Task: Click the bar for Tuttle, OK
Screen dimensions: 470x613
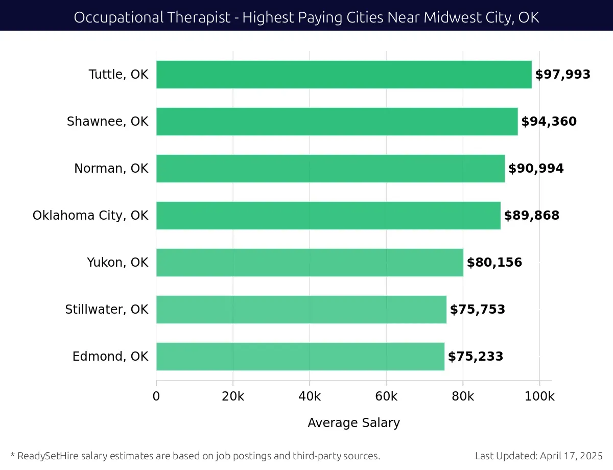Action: coord(344,75)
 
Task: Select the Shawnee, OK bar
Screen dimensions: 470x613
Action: coord(337,122)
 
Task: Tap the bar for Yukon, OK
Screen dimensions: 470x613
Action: coord(310,263)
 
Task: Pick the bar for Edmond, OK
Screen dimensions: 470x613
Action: coord(300,357)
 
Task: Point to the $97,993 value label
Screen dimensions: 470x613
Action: coord(562,75)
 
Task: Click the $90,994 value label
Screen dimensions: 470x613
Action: coord(536,169)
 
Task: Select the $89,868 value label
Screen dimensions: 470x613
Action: coord(532,216)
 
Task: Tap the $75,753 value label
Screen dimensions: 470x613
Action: coord(477,310)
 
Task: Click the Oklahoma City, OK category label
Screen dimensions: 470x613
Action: coord(90,216)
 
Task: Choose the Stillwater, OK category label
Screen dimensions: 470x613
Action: coord(107,310)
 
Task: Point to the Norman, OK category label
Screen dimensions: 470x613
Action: coord(111,169)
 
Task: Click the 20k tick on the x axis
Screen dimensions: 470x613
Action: coord(233,397)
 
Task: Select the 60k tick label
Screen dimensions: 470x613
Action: coord(386,397)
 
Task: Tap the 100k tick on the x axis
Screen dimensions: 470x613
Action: coord(539,397)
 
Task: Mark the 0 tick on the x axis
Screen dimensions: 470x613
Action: coord(156,397)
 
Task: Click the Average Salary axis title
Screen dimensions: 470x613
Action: coord(353,423)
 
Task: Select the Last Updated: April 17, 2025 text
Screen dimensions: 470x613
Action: coord(538,456)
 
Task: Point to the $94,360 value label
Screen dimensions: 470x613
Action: coord(549,122)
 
